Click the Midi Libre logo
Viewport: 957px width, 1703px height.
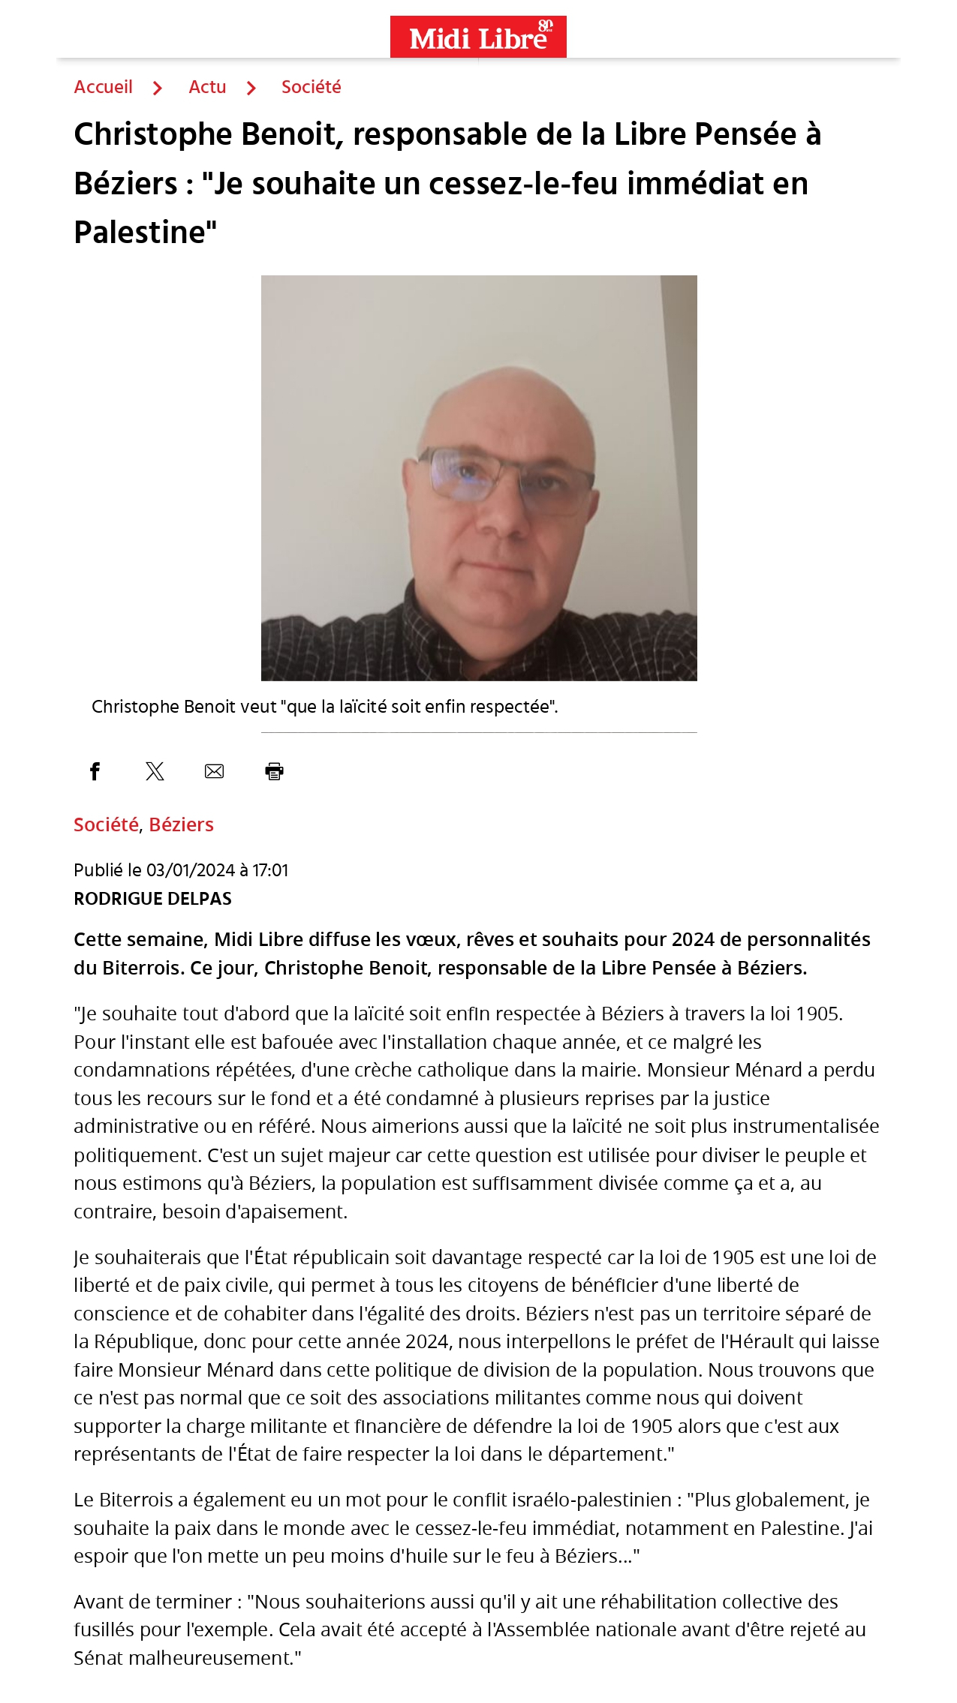[478, 37]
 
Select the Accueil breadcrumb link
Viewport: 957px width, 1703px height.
[103, 87]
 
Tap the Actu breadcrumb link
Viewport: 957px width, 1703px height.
[207, 87]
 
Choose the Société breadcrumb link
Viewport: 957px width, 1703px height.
[311, 87]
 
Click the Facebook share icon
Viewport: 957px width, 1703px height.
[95, 771]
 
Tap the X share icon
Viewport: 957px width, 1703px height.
[155, 771]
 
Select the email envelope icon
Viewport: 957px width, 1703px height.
[214, 771]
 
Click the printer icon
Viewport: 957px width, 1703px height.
[274, 771]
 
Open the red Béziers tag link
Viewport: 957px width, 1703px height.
[181, 824]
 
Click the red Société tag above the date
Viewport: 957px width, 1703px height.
[106, 824]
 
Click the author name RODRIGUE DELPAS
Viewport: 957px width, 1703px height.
[152, 899]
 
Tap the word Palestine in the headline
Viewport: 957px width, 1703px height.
[140, 233]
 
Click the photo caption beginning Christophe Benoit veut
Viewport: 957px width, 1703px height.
[324, 707]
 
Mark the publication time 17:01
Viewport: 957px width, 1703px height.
[270, 870]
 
